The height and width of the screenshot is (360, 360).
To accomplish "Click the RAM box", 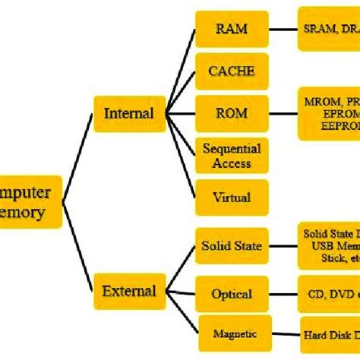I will tap(232, 30).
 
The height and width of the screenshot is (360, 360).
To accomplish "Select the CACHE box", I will tap(232, 72).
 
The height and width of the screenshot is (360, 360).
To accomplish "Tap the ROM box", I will tap(232, 114).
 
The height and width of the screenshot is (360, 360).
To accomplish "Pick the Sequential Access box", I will tap(232, 156).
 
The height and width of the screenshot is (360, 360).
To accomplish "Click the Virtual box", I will tap(232, 197).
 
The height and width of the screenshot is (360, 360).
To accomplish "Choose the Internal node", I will tap(128, 114).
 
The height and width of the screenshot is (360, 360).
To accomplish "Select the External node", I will tap(128, 291).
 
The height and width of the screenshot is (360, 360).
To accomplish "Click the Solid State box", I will tap(232, 246).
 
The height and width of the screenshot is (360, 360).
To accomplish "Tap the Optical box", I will tap(232, 293).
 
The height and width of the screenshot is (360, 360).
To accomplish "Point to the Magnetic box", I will tap(232, 333).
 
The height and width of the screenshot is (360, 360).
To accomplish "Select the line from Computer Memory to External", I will tap(77, 247).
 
